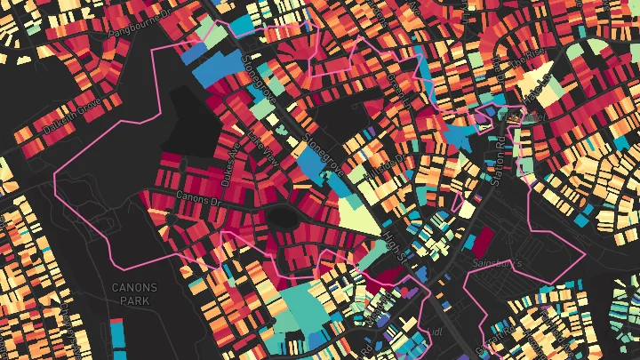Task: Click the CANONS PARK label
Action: tap(134, 294)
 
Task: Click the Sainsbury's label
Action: tap(520, 264)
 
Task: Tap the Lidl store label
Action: tap(435, 330)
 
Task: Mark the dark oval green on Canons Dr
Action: tap(284, 216)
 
